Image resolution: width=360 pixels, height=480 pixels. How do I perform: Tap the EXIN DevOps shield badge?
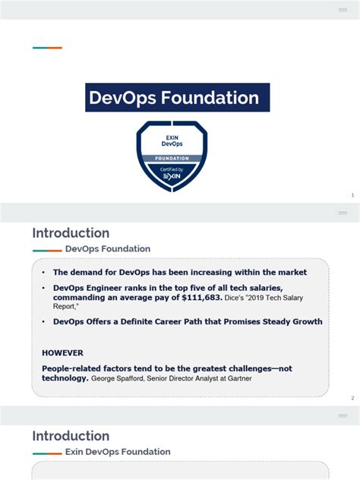click(172, 156)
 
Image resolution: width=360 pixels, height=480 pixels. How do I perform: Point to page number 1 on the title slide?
click(352, 195)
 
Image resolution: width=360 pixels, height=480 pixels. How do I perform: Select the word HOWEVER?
click(62, 352)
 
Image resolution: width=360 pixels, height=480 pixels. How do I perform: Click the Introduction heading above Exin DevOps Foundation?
click(71, 436)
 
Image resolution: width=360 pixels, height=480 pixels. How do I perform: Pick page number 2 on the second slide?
click(352, 398)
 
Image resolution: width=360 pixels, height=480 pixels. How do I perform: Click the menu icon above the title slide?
click(343, 10)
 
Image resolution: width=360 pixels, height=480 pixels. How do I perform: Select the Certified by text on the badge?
click(172, 168)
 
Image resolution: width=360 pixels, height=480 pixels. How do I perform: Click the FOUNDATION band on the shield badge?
click(172, 159)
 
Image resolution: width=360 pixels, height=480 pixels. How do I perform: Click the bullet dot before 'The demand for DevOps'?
click(44, 272)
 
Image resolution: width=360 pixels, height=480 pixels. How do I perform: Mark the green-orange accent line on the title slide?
click(47, 48)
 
